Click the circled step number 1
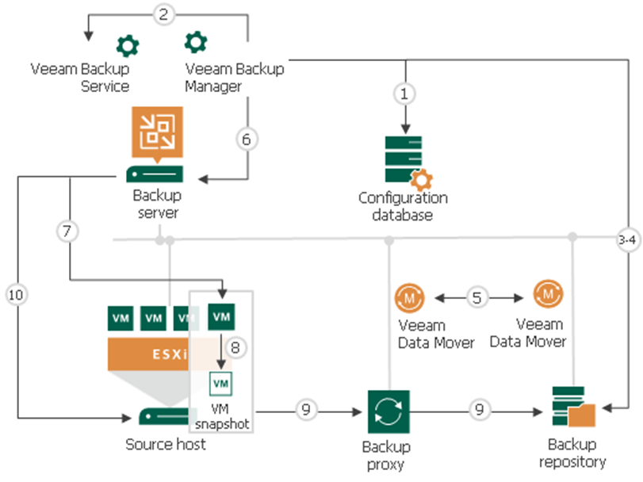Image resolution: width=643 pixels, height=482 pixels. [404, 94]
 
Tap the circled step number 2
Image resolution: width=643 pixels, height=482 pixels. [163, 13]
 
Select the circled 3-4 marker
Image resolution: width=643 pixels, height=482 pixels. [627, 239]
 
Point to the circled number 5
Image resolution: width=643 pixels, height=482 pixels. [477, 298]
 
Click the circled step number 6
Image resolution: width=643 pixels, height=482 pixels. [247, 138]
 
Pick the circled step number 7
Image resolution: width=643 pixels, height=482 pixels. [68, 232]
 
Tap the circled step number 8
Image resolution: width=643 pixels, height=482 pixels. [234, 346]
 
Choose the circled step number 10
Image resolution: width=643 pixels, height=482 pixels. [15, 294]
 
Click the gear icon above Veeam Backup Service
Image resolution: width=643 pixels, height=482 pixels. [127, 44]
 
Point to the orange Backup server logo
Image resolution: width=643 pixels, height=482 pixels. [155, 132]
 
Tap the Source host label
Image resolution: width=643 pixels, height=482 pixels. [166, 445]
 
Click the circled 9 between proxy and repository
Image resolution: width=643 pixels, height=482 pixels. [478, 410]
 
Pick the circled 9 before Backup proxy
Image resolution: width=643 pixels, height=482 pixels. [308, 410]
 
